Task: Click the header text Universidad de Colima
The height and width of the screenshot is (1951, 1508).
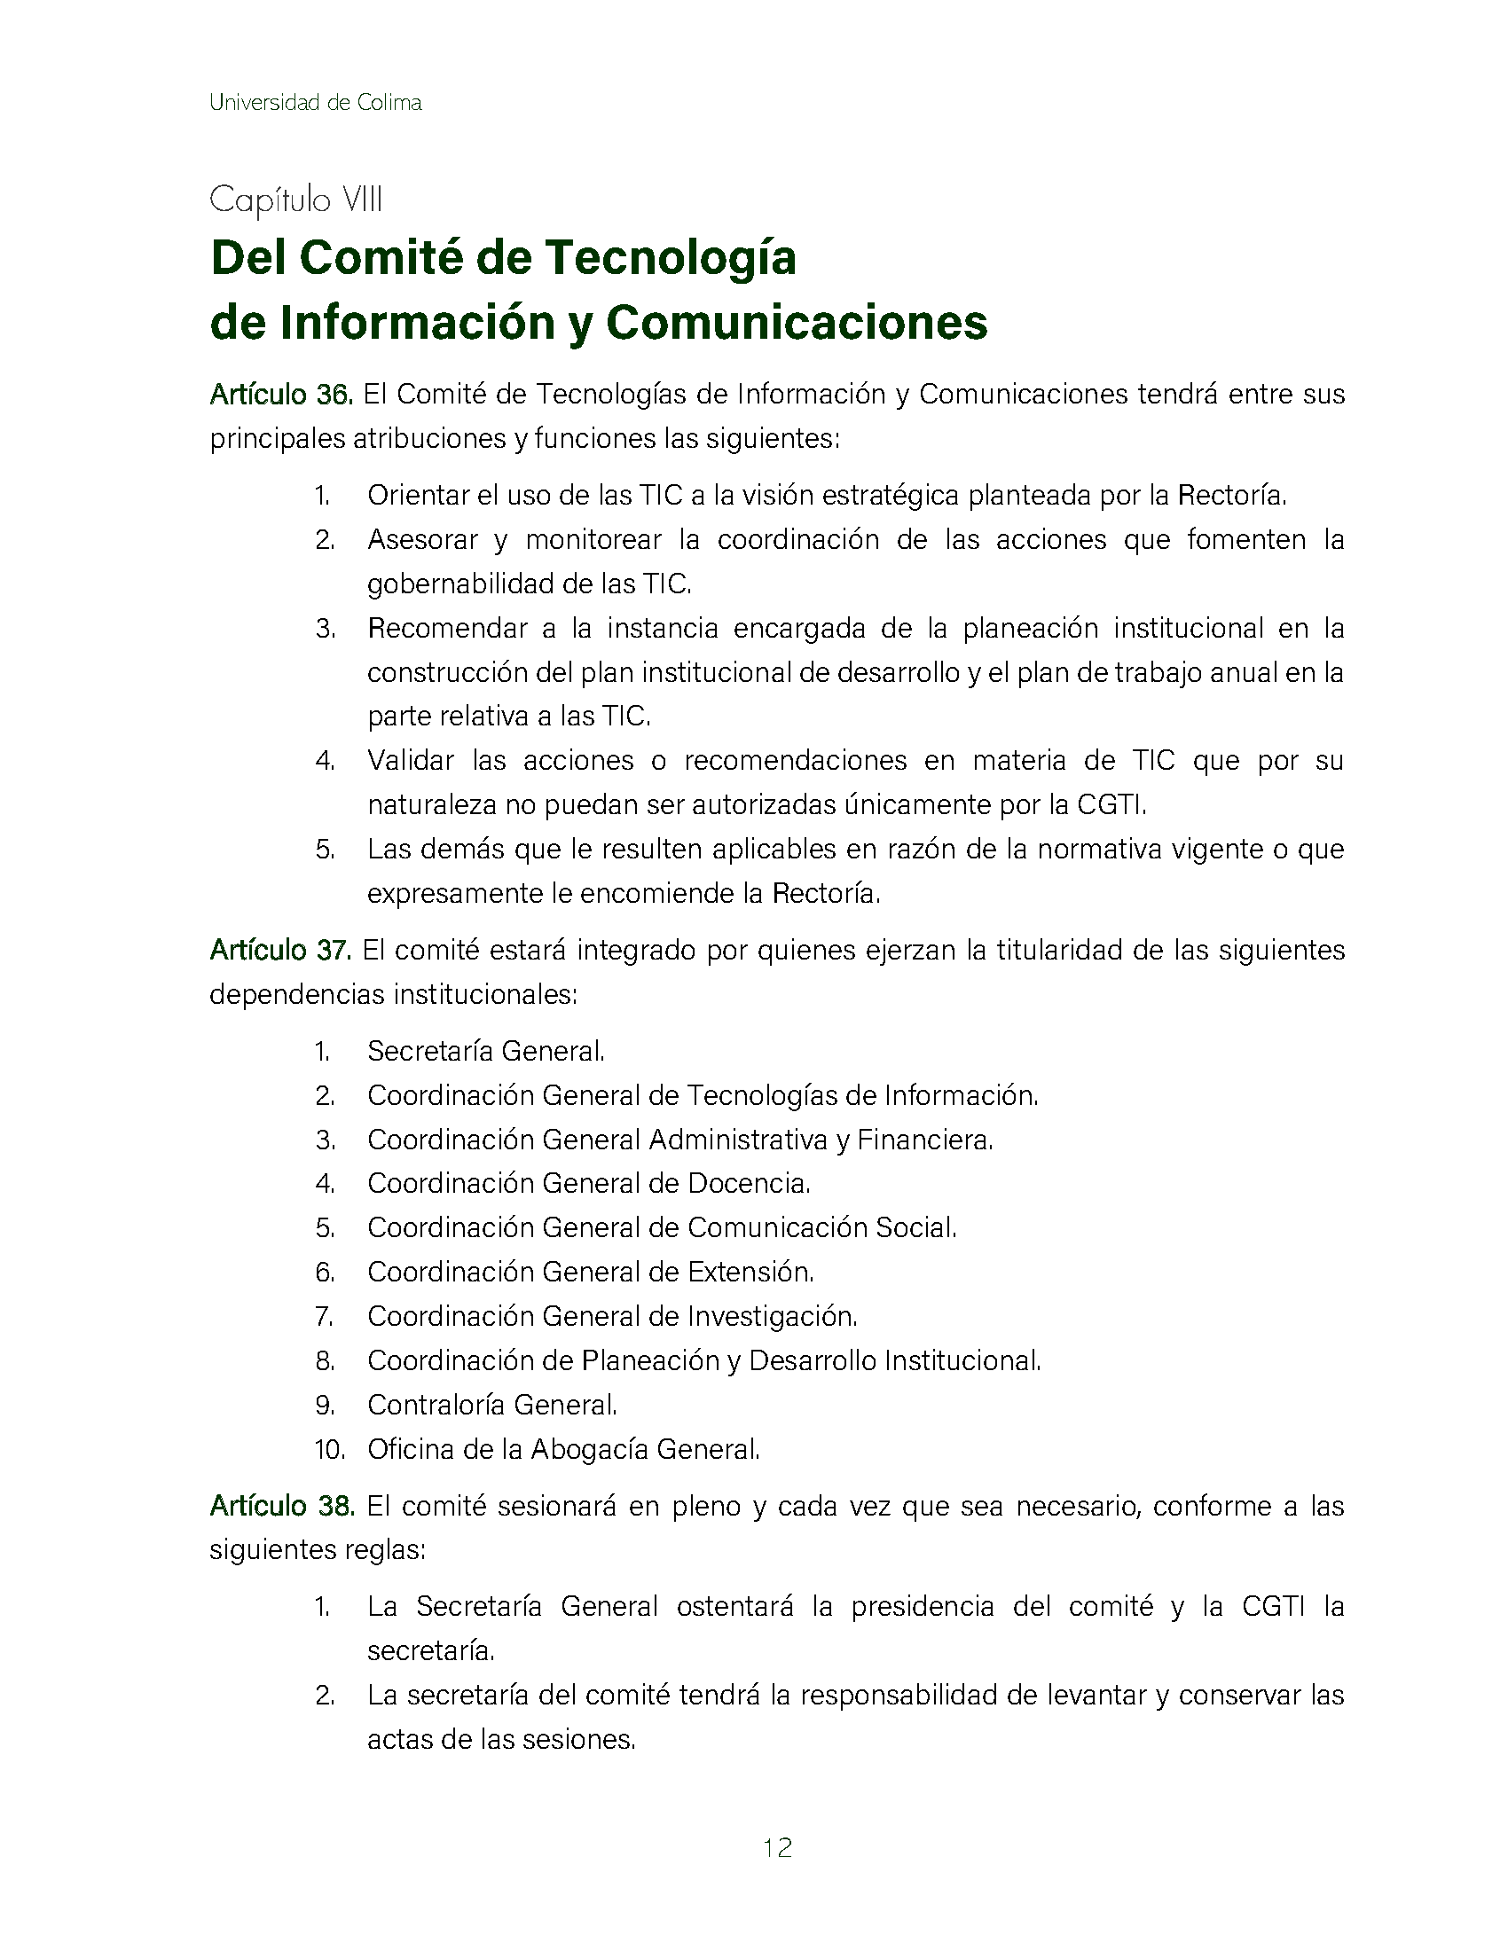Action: (315, 103)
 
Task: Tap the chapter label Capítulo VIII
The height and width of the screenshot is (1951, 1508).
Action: (295, 200)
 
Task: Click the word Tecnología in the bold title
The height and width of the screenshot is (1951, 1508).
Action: (670, 258)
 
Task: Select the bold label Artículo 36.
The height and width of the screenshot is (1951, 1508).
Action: (281, 394)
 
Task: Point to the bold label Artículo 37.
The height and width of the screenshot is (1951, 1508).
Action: (280, 950)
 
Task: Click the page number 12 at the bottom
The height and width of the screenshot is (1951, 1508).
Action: (777, 1847)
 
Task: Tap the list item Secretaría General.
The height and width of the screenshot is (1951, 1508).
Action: (486, 1051)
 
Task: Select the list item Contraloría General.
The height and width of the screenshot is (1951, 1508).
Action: (492, 1405)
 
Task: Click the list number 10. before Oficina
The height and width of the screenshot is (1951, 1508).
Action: (329, 1449)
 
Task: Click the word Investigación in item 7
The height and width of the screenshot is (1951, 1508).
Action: (772, 1316)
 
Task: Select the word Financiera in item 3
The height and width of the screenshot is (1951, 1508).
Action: (924, 1140)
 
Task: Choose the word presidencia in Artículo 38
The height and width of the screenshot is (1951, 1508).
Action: (922, 1606)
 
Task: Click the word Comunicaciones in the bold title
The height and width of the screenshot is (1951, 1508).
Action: (797, 323)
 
